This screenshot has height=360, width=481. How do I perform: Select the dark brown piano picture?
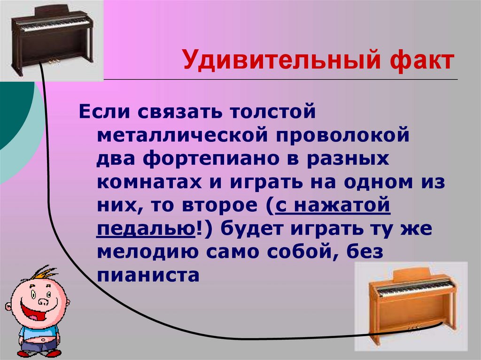pyautogui.click(x=51, y=40)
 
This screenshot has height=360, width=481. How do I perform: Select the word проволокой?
pyautogui.click(x=338, y=135)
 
